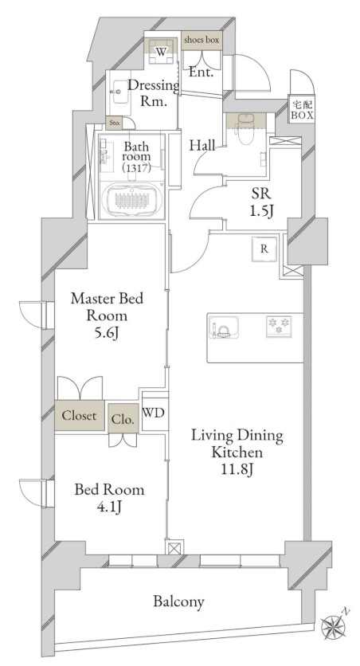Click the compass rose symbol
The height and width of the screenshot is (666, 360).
[335, 625]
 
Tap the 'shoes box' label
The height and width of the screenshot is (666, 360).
[202, 40]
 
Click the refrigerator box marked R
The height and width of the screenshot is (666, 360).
[264, 249]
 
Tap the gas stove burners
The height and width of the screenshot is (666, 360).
[279, 326]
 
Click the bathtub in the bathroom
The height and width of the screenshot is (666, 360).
[132, 200]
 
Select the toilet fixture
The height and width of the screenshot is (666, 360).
[246, 127]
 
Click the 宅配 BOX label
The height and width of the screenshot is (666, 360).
[303, 110]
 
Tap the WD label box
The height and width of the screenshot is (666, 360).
[154, 413]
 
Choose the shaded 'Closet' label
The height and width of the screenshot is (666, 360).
[80, 415]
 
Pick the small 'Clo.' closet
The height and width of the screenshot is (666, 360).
[123, 418]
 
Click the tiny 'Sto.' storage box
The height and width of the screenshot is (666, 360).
[115, 123]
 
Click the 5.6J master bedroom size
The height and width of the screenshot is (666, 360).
[107, 334]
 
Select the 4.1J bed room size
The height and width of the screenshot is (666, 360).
[110, 507]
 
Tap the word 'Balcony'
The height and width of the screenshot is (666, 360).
[178, 601]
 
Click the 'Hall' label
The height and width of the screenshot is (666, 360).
[202, 146]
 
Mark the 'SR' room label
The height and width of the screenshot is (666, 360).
[261, 194]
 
